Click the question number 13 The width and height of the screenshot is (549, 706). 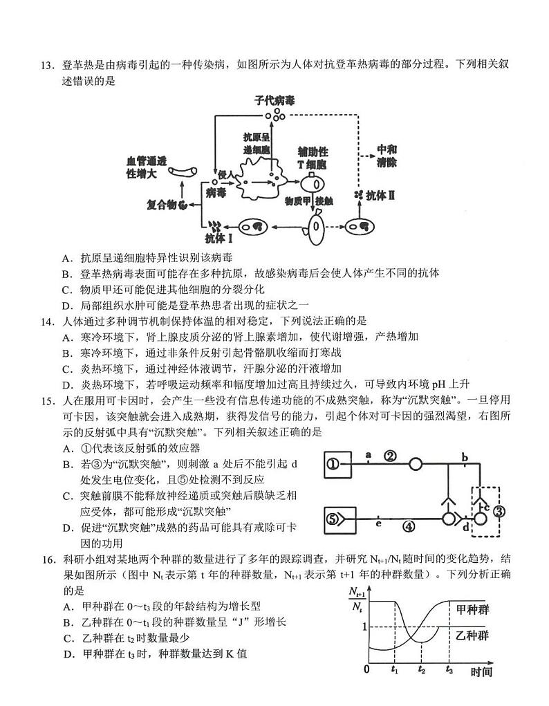tap(46, 66)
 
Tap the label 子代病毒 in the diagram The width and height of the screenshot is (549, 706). tap(274, 101)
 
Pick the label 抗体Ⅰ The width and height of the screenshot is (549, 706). tap(218, 237)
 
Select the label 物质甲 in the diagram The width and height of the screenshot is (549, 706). tap(297, 201)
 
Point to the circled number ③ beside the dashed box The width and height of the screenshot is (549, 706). tap(500, 512)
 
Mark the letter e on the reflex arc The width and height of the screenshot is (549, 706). tap(378, 524)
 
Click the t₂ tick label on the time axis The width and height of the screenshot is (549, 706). tap(422, 669)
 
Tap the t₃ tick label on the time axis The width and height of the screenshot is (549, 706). tap(449, 669)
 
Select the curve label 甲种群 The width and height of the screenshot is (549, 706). tap(476, 609)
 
